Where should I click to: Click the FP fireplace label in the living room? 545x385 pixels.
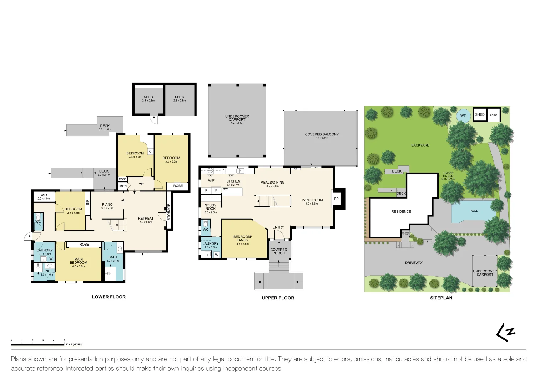coord(336,199)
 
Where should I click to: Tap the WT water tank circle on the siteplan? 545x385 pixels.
coord(463,116)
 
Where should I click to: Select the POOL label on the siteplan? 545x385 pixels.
coord(474,211)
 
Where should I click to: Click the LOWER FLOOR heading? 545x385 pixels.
coord(109,297)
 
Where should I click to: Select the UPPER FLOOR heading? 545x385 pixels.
coord(278,298)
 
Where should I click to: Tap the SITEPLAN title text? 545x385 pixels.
coord(441,298)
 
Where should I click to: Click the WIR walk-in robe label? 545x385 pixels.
coord(44,195)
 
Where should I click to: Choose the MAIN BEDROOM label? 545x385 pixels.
coord(79,261)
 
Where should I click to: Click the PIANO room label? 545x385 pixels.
coord(107,205)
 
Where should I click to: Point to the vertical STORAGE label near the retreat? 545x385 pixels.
coord(169,212)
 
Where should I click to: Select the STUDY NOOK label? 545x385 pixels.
coord(211,207)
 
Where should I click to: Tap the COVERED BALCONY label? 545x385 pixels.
coord(322,134)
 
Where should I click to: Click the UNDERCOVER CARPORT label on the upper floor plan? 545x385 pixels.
coord(237,118)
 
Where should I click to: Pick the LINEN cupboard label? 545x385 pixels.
coord(122,186)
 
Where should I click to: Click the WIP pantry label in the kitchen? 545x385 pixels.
coord(211,181)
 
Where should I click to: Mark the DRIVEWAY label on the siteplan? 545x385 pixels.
coord(414,263)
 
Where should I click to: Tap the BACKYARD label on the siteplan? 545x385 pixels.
coord(420,145)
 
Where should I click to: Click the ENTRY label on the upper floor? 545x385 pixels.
coord(278,227)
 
